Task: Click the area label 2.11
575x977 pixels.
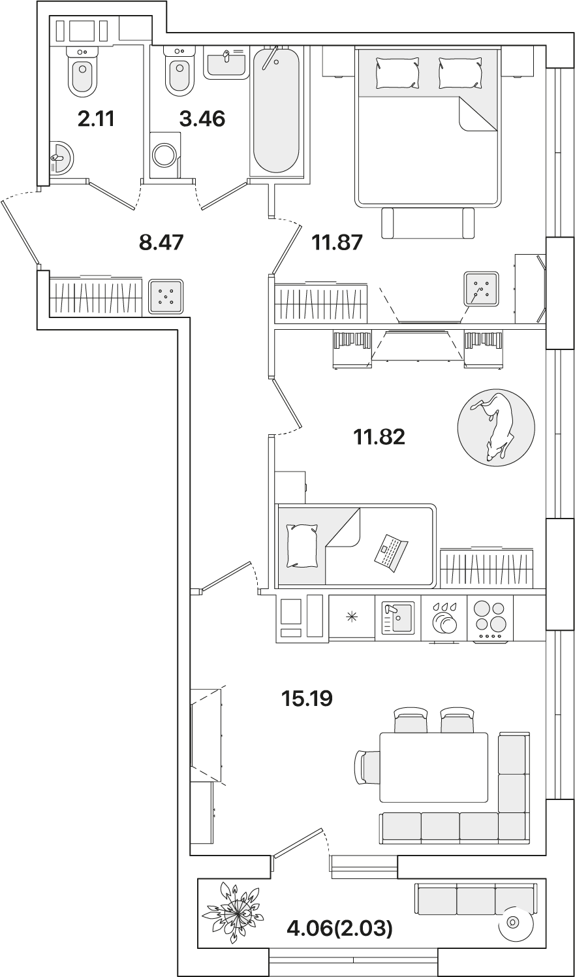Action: coord(96,119)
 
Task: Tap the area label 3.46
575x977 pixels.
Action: coord(202,119)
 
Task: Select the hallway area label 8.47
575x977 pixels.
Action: coord(161,242)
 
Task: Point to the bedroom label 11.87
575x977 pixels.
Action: coord(337,242)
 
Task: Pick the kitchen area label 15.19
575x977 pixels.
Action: coord(307,699)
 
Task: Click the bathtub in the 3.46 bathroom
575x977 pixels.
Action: coord(276,111)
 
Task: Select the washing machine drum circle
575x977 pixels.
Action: coord(164,155)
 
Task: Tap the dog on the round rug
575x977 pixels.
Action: coord(495,426)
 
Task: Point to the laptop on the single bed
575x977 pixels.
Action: coord(391,552)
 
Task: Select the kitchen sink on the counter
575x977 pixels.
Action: coord(397,618)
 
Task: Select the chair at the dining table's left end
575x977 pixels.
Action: coord(365,767)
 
